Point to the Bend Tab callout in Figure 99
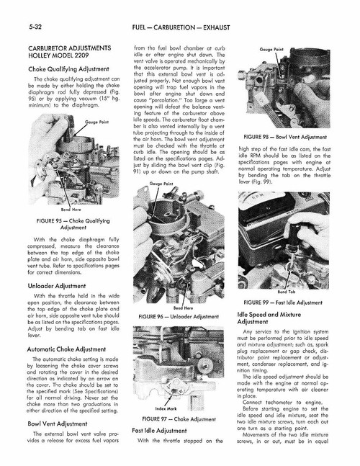[x=306, y=292]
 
